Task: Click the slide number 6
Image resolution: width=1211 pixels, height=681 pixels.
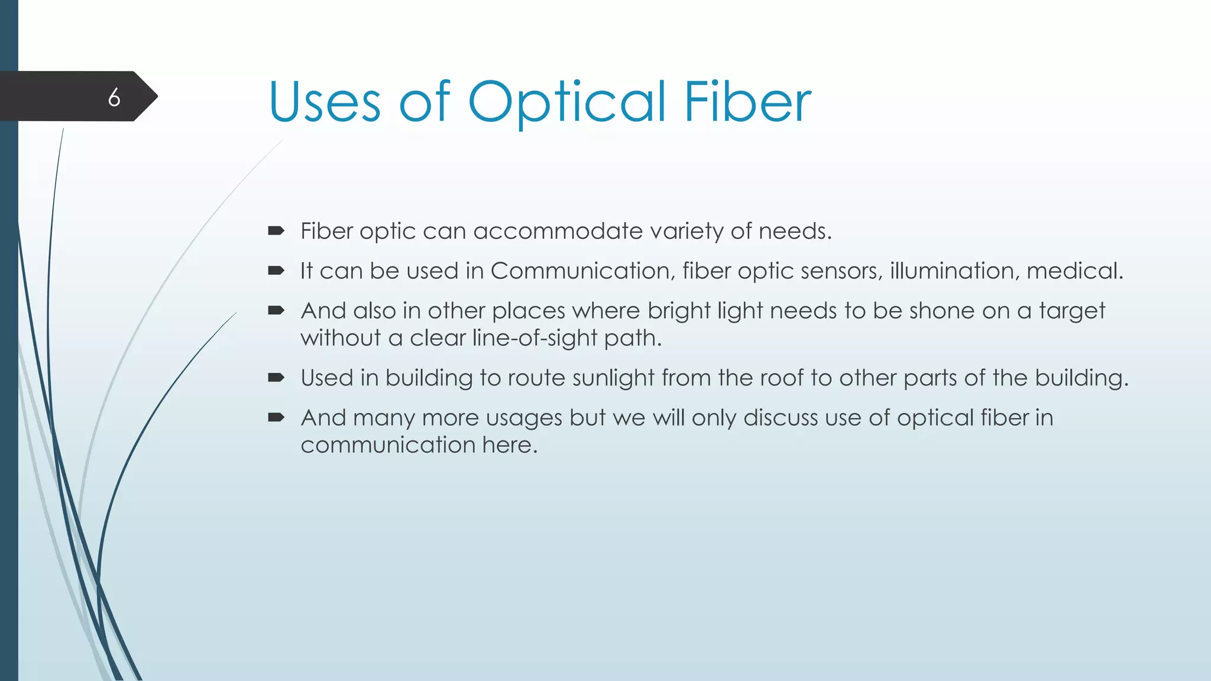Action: pyautogui.click(x=114, y=97)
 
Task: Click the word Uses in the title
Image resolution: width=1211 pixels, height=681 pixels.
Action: pyautogui.click(x=324, y=103)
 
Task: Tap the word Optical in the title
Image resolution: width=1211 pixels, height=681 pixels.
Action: pyautogui.click(x=566, y=103)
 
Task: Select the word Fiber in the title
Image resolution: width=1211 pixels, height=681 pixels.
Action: pyautogui.click(x=747, y=103)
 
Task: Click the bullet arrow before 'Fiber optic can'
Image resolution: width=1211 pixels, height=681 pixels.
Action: pyautogui.click(x=276, y=231)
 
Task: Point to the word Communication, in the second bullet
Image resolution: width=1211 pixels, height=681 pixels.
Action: pyautogui.click(x=582, y=271)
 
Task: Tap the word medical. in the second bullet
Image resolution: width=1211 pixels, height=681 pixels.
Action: pyautogui.click(x=1074, y=271)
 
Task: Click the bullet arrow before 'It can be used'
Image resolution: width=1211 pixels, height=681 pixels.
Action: pyautogui.click(x=276, y=271)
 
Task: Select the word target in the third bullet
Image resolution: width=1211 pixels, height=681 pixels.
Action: pyautogui.click(x=1071, y=311)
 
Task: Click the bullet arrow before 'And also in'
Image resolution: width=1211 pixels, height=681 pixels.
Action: pyautogui.click(x=276, y=310)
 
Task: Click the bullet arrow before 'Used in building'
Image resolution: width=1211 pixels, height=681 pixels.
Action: pyautogui.click(x=276, y=377)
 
